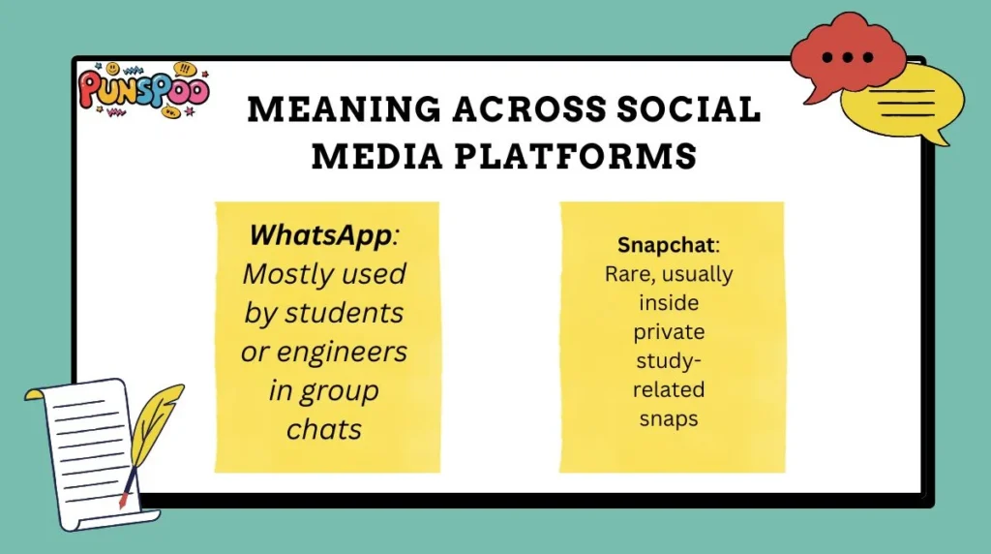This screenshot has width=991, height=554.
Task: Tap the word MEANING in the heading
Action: (x=334, y=110)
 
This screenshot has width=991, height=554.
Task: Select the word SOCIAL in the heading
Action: (x=691, y=110)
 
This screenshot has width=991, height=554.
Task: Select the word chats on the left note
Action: (x=324, y=429)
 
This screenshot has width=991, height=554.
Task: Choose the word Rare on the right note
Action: (x=623, y=274)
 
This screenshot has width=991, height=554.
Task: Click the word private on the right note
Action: (x=670, y=332)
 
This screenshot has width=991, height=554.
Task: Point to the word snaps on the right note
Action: (x=671, y=419)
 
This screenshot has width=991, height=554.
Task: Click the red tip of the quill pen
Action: (x=123, y=501)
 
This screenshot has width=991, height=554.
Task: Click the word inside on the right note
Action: (x=670, y=303)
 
